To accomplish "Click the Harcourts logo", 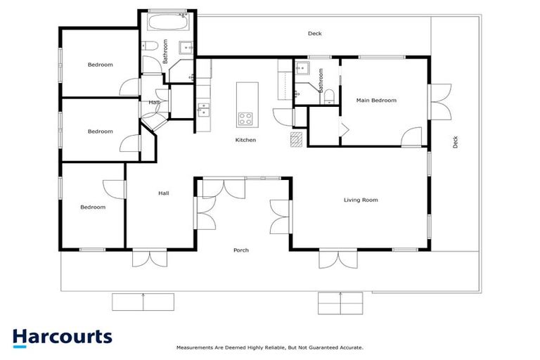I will point(62,336).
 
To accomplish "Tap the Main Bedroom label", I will point(376,101).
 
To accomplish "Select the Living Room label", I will point(360,200).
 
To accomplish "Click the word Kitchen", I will point(245,140).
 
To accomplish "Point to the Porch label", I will point(241,250).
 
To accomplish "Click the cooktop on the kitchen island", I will point(246,118).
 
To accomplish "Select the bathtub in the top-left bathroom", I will point(169,23).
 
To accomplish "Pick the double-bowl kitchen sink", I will point(203,109).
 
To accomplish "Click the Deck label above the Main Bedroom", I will point(315,34).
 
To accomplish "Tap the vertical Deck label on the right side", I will point(456,141).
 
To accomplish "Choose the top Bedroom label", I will point(100,65).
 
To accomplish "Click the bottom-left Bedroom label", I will point(92,207).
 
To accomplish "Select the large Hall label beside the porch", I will point(163,193).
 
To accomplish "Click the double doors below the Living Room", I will point(330,260).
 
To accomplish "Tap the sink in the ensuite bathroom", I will point(302,69).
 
